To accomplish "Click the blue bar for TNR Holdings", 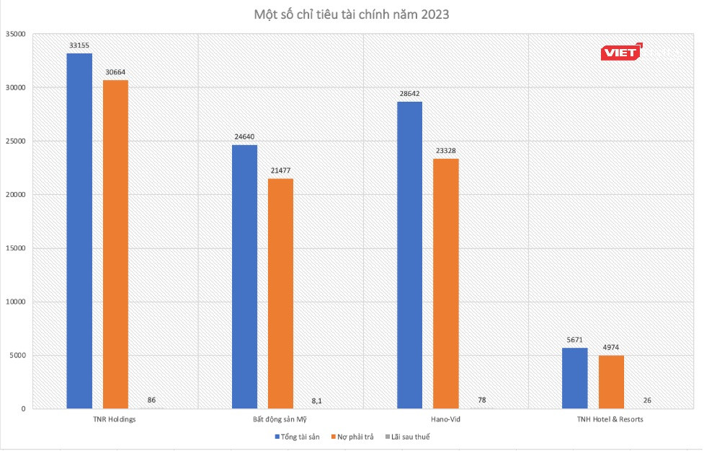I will (79, 231).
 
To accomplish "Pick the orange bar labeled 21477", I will (280, 293).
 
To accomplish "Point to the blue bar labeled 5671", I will (574, 378).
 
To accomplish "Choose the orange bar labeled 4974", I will (610, 382).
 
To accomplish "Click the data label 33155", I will (79, 45).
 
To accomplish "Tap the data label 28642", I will (409, 94).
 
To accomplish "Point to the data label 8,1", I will (317, 400).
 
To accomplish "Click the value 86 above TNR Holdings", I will (151, 400).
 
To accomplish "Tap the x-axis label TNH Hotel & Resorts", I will (610, 419).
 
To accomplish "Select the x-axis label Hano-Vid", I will (445, 419).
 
